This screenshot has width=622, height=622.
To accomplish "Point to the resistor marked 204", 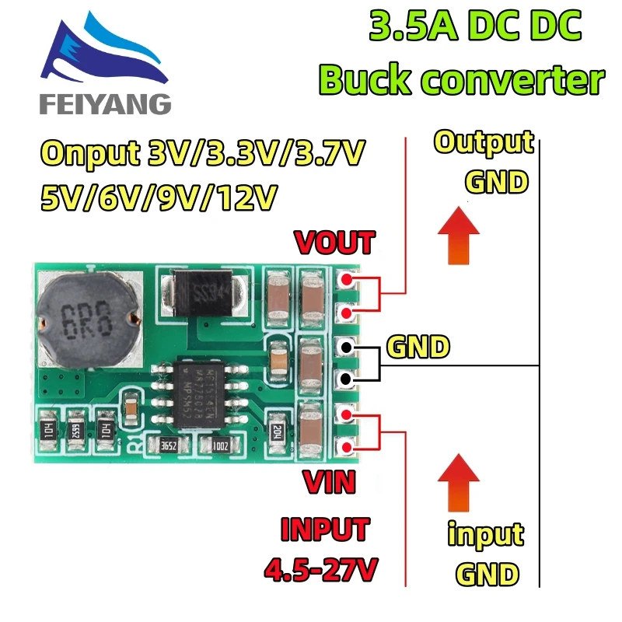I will tap(278, 431).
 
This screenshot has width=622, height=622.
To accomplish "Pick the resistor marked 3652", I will tap(167, 446).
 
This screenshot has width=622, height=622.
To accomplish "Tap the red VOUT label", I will tap(334, 243).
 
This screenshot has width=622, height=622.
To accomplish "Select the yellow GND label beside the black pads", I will tap(418, 347).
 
